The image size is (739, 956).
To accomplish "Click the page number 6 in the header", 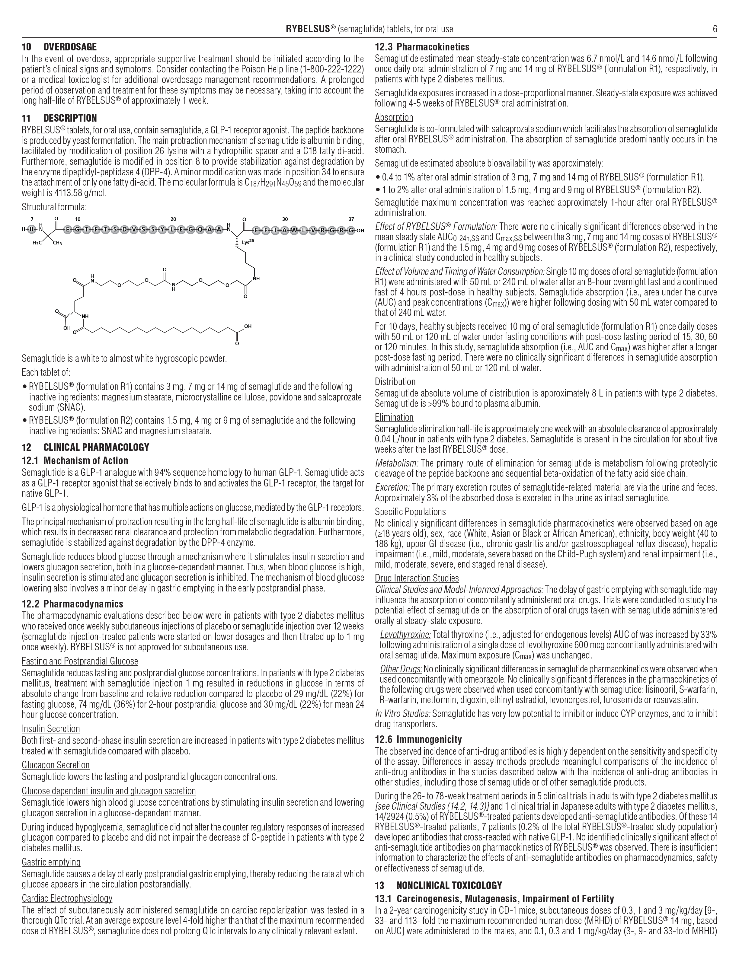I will point(715,29).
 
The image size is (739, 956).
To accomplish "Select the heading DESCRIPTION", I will point(70,118).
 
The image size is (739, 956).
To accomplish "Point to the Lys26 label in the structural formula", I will point(248,241).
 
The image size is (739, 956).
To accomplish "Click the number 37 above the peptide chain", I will point(351,219).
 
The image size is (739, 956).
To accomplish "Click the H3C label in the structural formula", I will point(37,244).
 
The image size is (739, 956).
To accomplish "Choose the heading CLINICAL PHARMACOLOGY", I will point(96,447).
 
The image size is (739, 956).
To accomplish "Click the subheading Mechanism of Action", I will point(86,460).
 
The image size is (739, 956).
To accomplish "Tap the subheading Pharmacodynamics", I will point(83,604).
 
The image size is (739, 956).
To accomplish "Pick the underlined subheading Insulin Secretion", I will point(51,729).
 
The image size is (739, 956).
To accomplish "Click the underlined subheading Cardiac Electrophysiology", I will point(67,899).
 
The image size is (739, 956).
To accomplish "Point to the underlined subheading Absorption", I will point(394,117).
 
